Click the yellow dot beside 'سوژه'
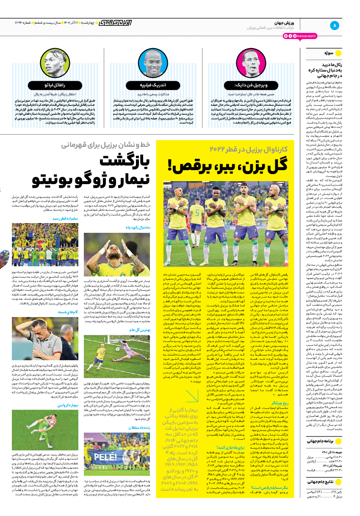point(338,54)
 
